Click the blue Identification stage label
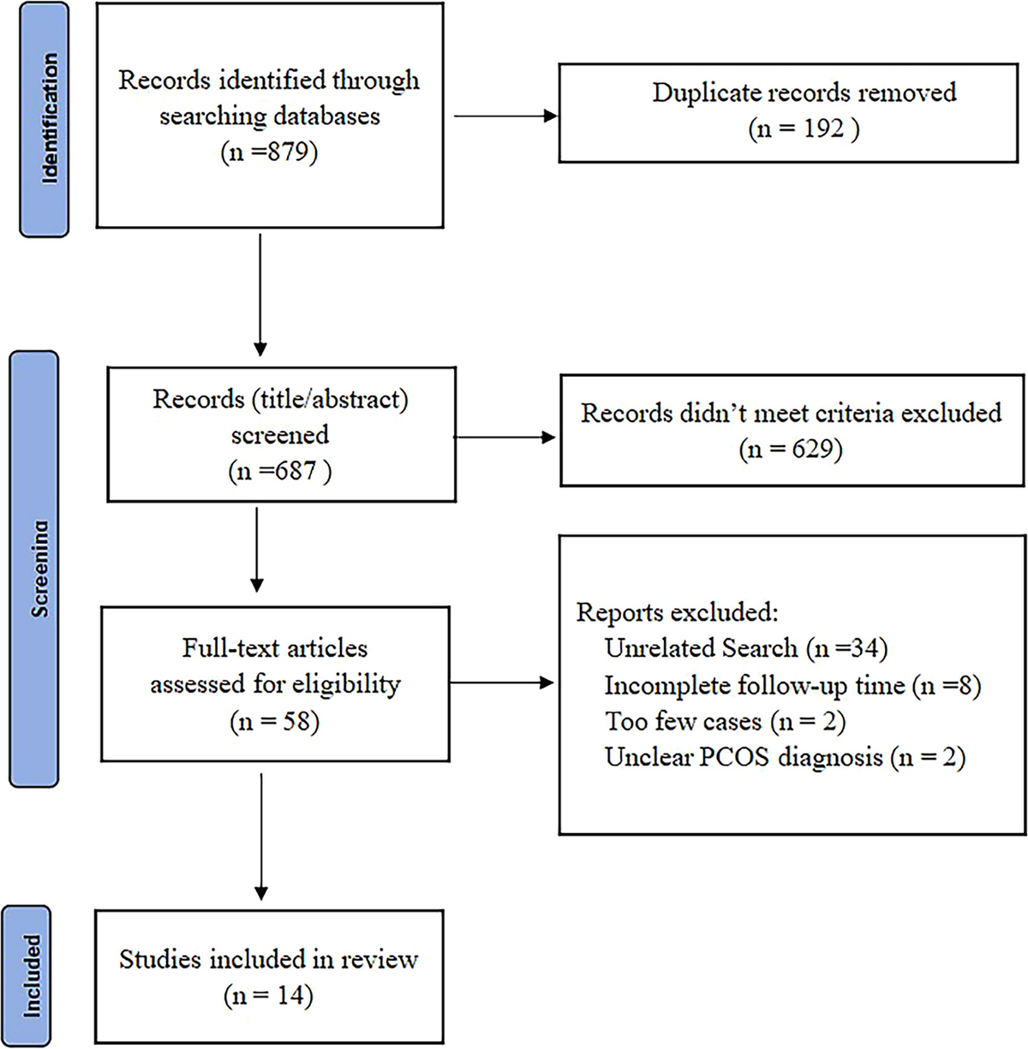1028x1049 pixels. [44, 119]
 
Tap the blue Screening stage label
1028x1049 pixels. [34, 569]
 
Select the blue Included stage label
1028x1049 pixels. [29, 975]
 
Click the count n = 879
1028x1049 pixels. [269, 152]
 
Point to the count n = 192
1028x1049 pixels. [803, 128]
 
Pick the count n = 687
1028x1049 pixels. [279, 471]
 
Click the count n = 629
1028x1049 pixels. [791, 449]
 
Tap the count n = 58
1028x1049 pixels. [274, 721]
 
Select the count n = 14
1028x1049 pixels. [268, 995]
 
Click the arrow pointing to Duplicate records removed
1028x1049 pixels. [505, 116]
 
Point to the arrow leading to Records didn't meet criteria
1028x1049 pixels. [505, 438]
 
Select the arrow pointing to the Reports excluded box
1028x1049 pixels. [502, 682]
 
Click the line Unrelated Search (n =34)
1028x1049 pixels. [745, 648]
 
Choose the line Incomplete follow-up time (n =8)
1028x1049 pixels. [792, 685]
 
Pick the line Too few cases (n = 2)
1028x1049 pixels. [725, 721]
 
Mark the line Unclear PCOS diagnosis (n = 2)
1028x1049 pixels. [785, 757]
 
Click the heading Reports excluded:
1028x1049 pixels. [677, 612]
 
